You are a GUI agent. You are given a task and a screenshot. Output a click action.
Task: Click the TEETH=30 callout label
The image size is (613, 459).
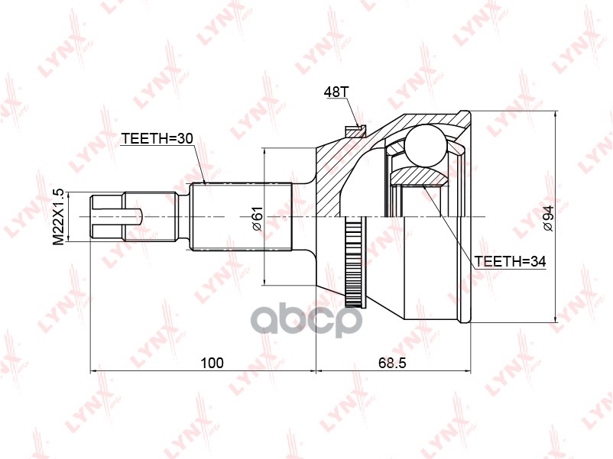click(x=157, y=139)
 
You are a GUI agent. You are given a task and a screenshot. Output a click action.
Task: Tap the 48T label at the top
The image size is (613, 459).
click(x=336, y=92)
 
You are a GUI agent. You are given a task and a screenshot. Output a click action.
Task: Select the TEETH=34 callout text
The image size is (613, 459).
click(x=510, y=261)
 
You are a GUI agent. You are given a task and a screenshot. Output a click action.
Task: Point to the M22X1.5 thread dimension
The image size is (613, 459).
click(x=58, y=218)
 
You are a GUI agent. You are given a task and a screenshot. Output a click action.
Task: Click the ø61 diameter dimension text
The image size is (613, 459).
click(x=257, y=218)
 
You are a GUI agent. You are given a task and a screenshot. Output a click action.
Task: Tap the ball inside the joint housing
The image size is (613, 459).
click(x=426, y=144)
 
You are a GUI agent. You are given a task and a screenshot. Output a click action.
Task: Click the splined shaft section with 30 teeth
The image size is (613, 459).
click(x=241, y=218)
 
